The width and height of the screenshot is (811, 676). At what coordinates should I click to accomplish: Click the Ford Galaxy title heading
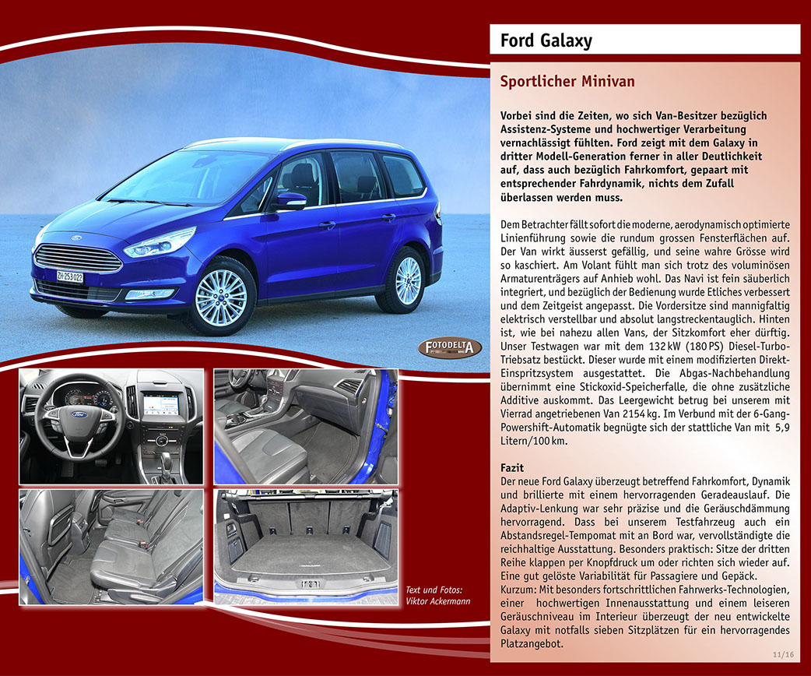point(546,40)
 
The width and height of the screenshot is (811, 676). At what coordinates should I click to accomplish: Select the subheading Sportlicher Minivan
point(567,82)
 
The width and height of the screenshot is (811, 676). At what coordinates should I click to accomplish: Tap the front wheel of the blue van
point(221,298)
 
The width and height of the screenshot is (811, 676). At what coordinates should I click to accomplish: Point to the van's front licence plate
point(69,276)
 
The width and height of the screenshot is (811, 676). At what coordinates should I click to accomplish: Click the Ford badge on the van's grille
point(75,238)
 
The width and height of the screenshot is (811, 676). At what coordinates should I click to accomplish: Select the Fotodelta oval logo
point(450,347)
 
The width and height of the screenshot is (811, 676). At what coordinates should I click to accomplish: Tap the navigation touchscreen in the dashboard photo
point(160,403)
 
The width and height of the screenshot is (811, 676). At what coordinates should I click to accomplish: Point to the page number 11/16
point(784,655)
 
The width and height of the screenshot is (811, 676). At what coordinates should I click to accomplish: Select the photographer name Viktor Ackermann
point(438,601)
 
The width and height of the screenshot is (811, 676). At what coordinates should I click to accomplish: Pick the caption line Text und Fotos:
point(434,590)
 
